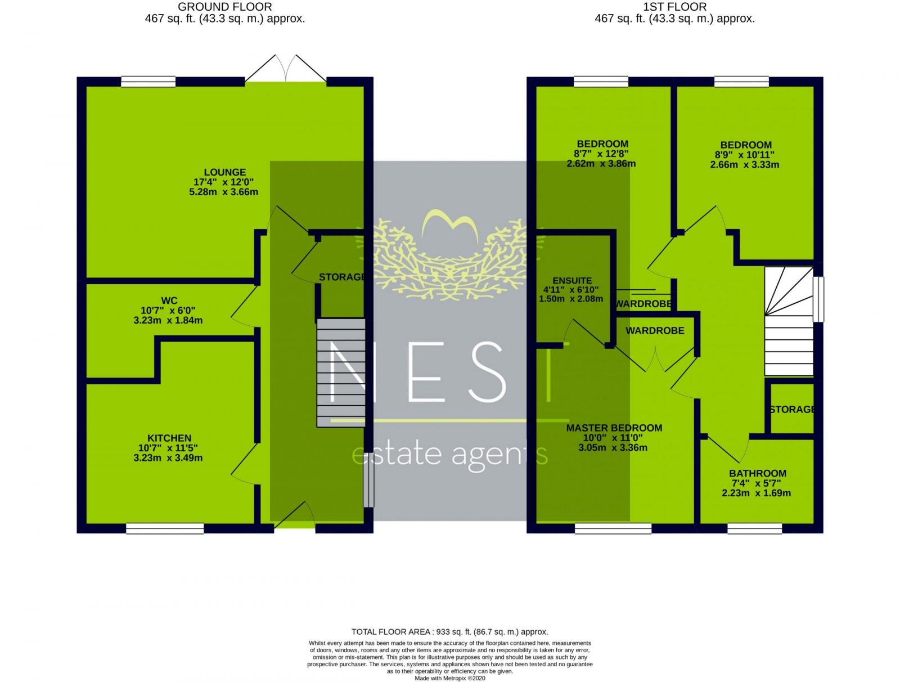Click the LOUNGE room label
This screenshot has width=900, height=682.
point(224,172)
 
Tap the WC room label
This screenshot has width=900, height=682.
point(168,300)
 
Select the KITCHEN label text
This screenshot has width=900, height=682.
point(169,438)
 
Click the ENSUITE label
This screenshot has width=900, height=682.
point(572,280)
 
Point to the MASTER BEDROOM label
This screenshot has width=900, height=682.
point(614,428)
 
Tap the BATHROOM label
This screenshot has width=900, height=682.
point(757,473)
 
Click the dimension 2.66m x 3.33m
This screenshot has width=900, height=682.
point(744,165)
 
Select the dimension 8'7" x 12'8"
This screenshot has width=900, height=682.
point(601,154)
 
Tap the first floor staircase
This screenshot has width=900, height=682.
point(788,322)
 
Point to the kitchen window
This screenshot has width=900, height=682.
point(165,528)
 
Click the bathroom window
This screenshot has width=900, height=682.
point(754,528)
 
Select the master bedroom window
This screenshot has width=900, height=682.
point(613,528)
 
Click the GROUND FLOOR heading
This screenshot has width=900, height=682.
point(224,7)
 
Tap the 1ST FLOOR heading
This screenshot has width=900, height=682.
point(674,7)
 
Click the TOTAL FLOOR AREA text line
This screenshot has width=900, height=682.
point(449,631)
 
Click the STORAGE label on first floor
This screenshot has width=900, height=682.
point(792,409)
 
